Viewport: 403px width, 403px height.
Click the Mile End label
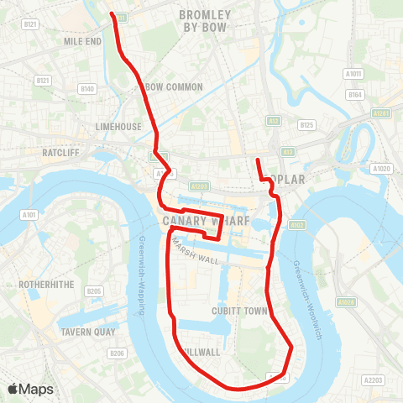pyautogui.click(x=82, y=40)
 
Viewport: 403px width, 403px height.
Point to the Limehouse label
pyautogui.click(x=118, y=126)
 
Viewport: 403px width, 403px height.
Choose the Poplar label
pyautogui.click(x=289, y=179)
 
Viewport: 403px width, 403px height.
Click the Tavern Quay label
pyautogui.click(x=87, y=332)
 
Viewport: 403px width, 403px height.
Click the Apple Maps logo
pyautogui.click(x=30, y=389)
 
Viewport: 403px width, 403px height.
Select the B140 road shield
pyautogui.click(x=86, y=88)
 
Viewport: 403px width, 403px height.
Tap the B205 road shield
pyautogui.click(x=93, y=291)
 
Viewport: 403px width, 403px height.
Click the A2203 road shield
pyautogui.click(x=373, y=380)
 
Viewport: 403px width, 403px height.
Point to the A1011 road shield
pyautogui.click(x=353, y=74)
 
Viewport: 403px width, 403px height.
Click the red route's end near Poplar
pyautogui.click(x=257, y=160)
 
